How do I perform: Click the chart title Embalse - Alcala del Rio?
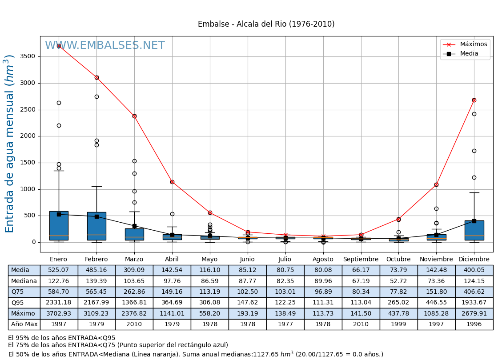pyautogui.click(x=266, y=24)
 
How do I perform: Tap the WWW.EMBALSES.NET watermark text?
pyautogui.click(x=105, y=46)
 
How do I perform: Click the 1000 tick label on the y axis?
pyautogui.click(x=28, y=189)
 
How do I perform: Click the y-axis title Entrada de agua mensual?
pyautogui.click(x=10, y=144)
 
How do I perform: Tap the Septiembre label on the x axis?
pyautogui.click(x=361, y=260)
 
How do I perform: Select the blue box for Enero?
pyautogui.click(x=59, y=226)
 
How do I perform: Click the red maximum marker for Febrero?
pyautogui.click(x=96, y=77)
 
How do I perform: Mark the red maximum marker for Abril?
pyautogui.click(x=172, y=182)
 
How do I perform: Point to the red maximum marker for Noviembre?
pyautogui.click(x=436, y=184)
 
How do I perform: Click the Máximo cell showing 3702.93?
pyautogui.click(x=59, y=313)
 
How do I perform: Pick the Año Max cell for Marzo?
pyautogui.click(x=134, y=324)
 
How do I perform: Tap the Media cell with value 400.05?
pyautogui.click(x=474, y=270)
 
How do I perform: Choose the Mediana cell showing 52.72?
pyautogui.click(x=398, y=281)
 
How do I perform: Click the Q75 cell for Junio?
pyautogui.click(x=247, y=292)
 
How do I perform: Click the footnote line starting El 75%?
pyautogui.click(x=118, y=345)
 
